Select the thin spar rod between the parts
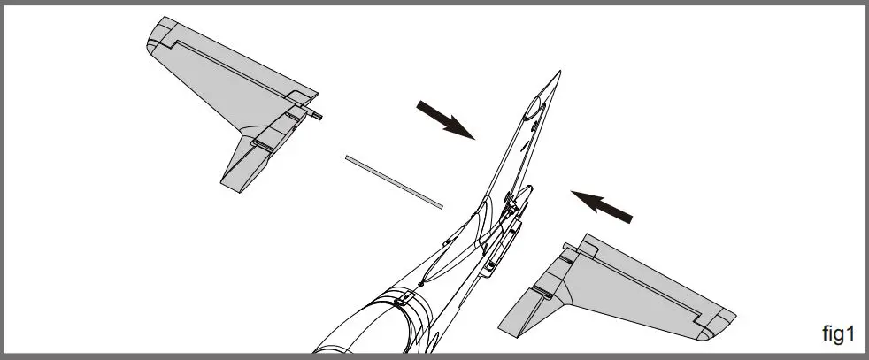coord(394,180)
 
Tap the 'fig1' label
coord(837,333)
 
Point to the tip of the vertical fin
coord(558,73)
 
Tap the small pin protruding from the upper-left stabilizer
coord(319,112)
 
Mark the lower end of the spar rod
coord(440,205)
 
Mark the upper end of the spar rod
coord(349,158)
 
